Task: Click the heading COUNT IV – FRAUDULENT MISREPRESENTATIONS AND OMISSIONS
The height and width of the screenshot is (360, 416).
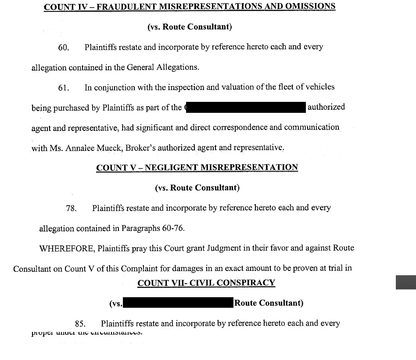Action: pos(190,7)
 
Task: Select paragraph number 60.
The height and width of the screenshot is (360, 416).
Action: pos(64,47)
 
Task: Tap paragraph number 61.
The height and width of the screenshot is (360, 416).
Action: pos(64,88)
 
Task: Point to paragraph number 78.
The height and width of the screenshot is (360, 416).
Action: pos(71,209)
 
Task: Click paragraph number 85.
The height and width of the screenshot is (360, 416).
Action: pos(80,324)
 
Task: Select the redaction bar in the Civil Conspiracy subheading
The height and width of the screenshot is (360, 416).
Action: pos(177,303)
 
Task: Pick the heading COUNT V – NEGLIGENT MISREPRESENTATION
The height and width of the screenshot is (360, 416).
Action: pos(197,168)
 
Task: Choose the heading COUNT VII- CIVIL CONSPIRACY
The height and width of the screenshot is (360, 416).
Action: pos(206,283)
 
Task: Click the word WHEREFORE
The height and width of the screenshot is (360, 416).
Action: pos(66,248)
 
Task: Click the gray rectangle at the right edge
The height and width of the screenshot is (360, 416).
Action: pos(405,282)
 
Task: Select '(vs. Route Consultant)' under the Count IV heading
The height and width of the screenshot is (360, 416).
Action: pos(190,27)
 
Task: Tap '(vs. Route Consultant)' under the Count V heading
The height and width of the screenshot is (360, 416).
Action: pos(197,188)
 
